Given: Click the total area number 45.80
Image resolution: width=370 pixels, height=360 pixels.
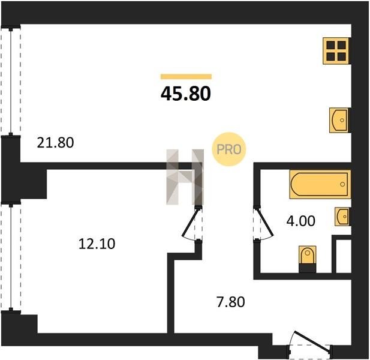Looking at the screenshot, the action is coord(186,94).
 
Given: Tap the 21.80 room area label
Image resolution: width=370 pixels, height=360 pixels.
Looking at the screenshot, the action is coord(55,143).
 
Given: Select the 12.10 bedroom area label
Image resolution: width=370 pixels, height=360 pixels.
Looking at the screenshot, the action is coord(97,244).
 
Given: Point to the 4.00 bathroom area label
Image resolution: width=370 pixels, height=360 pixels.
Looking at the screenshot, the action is coord(301,221).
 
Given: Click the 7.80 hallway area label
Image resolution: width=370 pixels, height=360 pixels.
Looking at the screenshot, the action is coord(231,302).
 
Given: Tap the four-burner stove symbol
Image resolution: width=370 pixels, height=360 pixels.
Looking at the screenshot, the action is coord(336,51).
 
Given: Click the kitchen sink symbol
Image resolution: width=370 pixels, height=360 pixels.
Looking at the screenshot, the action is coord(339,120).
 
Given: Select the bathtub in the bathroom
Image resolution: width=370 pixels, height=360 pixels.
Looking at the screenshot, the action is coord(320,184).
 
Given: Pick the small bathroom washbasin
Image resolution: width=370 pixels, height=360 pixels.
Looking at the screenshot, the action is coord(342,217).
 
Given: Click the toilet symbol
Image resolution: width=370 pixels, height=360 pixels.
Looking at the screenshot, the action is coord(307,255).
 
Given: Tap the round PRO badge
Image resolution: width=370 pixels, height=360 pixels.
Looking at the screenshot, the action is coord(229,149).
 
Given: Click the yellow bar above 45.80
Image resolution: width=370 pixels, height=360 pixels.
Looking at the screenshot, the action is coord(186,76).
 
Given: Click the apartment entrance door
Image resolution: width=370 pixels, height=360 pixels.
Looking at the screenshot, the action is coord(311,343).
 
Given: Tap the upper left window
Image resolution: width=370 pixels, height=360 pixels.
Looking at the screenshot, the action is coord(11,81).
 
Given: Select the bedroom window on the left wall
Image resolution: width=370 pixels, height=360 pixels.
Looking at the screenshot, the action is coord(11,257).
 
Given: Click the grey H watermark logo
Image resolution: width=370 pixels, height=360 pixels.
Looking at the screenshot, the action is coord(185,177).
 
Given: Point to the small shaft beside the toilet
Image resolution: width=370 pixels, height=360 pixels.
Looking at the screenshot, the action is coord(344,256).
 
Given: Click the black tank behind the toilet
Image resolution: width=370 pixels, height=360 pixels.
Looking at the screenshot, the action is coord(307,268).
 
